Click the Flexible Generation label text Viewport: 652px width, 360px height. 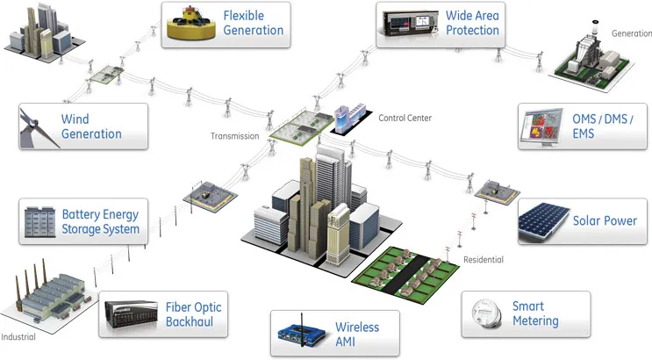pos(253,24)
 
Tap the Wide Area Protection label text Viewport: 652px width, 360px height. pos(472,23)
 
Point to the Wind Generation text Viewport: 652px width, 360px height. pos(90,126)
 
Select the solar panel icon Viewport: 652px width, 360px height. pos(544,221)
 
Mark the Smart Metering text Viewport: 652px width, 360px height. pos(534,314)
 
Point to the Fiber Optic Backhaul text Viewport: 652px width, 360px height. pos(193,314)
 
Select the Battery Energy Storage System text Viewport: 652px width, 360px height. pos(100,221)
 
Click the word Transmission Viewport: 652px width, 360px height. pos(234,136)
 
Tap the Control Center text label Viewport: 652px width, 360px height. pos(405,118)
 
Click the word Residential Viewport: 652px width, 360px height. pos(484,260)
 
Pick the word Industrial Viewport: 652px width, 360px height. pos(18,336)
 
